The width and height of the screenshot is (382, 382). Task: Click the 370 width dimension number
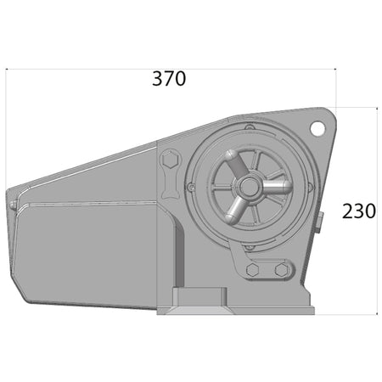coord(169,79)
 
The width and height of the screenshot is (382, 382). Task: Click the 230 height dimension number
coord(359,211)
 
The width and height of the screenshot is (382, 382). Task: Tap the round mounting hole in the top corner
coord(317,129)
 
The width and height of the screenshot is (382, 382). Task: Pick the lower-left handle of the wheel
coord(235,209)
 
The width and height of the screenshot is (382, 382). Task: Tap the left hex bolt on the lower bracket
coord(252,270)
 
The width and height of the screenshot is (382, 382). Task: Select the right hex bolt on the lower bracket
coord(281,270)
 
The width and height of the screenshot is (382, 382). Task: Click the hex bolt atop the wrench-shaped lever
coord(170,160)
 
